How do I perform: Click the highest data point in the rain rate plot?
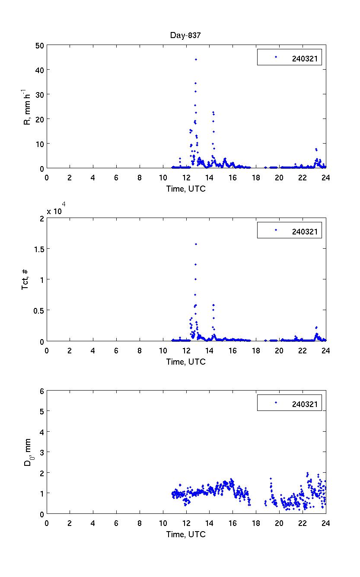pos(196,59)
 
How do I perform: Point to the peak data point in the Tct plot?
pos(196,244)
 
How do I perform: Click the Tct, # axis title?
pos(25,279)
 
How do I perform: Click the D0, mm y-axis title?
pos(27,452)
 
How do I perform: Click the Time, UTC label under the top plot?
pos(186,189)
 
